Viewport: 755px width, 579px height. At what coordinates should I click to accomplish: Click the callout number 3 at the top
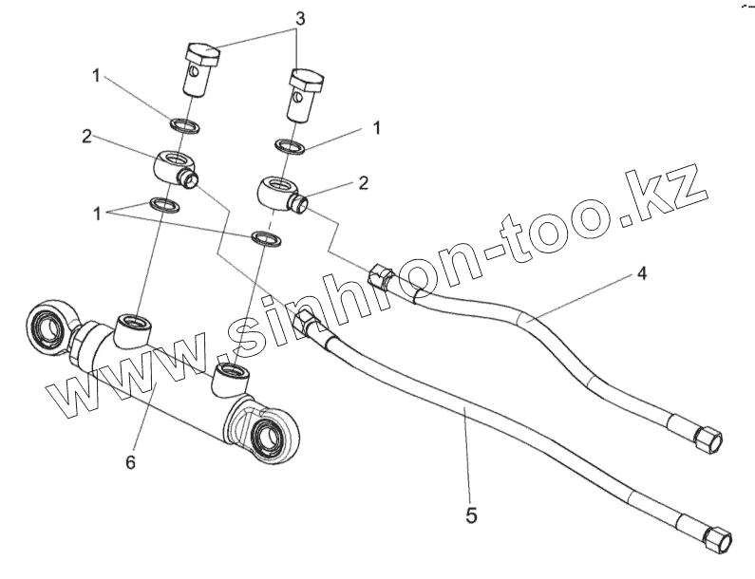[x=299, y=19]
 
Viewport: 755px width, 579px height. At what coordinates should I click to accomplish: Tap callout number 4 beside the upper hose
[x=643, y=274]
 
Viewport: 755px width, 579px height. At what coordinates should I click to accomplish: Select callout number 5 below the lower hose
[x=471, y=516]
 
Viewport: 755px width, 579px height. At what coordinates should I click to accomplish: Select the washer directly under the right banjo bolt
[x=289, y=146]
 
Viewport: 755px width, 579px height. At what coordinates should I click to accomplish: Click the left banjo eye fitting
[x=173, y=167]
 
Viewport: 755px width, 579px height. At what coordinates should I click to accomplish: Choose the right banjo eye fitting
[x=277, y=191]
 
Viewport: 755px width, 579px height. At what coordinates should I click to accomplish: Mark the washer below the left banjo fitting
[x=163, y=204]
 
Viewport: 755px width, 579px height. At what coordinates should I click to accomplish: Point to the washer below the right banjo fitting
[x=265, y=237]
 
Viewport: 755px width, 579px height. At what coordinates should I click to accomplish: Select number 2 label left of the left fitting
[x=86, y=137]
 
